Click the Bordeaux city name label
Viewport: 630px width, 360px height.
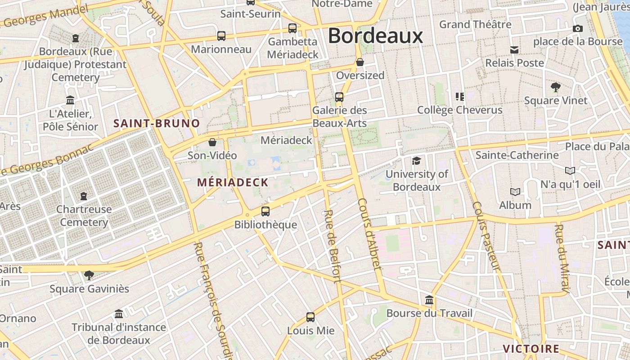(x=375, y=36)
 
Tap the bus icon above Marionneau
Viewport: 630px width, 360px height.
(x=221, y=36)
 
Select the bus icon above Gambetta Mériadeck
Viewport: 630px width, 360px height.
(x=292, y=28)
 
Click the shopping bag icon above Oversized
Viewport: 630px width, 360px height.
(x=360, y=62)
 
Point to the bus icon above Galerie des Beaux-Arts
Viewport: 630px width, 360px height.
(x=339, y=97)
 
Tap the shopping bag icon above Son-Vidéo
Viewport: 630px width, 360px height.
(x=212, y=143)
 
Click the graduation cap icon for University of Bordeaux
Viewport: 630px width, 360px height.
(x=417, y=161)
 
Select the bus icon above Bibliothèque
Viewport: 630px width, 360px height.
(x=265, y=211)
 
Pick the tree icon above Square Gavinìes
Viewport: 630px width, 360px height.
(x=89, y=275)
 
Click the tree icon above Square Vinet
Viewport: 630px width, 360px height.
(x=556, y=87)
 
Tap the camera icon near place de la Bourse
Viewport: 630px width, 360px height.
(x=578, y=28)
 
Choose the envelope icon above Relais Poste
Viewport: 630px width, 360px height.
(x=514, y=49)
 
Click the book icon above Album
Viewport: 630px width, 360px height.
(x=515, y=192)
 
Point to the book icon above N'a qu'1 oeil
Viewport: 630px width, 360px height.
(x=570, y=171)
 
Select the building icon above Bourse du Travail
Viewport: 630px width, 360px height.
(x=429, y=300)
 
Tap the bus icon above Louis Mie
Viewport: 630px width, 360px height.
(x=310, y=317)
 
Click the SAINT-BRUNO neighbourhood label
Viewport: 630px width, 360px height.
(x=157, y=123)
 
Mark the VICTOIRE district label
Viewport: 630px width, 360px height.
(x=531, y=349)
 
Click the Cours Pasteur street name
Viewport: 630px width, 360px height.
(x=486, y=236)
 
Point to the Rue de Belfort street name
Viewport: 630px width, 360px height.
(x=333, y=246)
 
